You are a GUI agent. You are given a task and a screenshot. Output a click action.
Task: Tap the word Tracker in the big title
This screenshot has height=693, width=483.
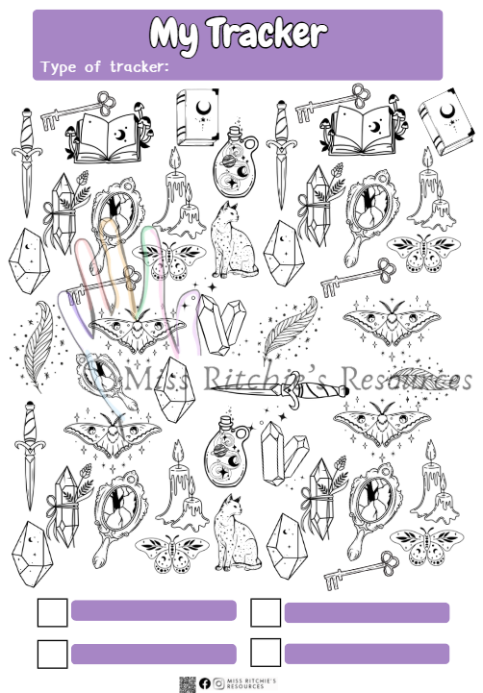tap(267, 32)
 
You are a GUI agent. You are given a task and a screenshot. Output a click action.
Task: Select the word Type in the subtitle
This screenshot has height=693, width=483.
tap(59, 67)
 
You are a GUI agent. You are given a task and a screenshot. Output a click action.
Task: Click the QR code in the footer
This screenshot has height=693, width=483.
tap(188, 684)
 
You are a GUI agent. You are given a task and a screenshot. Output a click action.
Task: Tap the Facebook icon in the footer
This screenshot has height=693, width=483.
tap(204, 683)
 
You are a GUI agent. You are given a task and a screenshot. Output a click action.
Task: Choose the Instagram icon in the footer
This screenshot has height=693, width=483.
tap(218, 683)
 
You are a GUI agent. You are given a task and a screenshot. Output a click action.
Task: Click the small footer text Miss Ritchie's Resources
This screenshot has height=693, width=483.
tap(251, 683)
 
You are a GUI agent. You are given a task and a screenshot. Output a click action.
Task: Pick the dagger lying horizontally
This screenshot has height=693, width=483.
tap(279, 390)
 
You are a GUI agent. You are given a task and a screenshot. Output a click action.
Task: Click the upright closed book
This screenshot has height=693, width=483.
tap(197, 116)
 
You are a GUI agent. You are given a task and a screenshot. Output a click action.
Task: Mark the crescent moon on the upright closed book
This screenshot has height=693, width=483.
tap(203, 108)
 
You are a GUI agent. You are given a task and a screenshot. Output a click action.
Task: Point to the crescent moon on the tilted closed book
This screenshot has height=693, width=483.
tap(447, 111)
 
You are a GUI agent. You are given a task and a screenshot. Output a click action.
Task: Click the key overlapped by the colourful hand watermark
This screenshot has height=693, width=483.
tap(104, 285)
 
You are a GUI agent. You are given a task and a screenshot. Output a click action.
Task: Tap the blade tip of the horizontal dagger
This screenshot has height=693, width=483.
tap(210, 387)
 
